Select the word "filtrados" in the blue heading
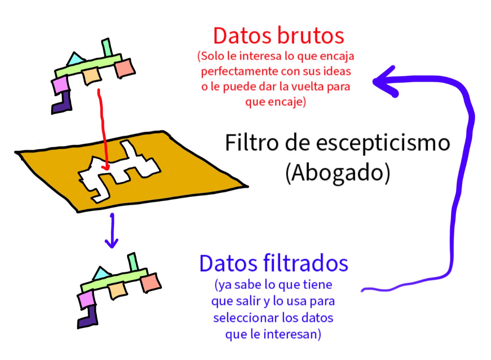click(305, 264)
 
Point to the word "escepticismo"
click(383, 144)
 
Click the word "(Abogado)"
click(337, 173)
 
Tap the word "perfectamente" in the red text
click(241, 71)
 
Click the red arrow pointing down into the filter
click(103, 128)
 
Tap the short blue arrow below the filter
click(112, 232)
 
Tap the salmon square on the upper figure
click(125, 68)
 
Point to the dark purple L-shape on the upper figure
click(62, 103)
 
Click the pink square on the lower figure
click(86, 300)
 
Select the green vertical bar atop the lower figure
click(133, 262)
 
